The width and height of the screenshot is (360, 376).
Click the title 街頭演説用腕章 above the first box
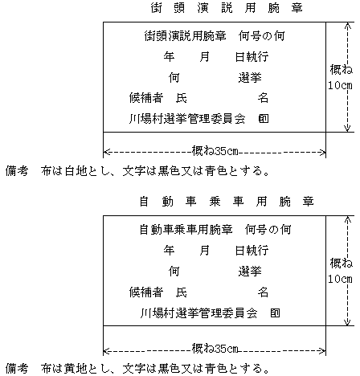[227, 8]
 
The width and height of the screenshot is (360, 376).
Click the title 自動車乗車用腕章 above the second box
[227, 202]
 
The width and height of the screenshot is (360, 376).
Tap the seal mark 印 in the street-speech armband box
[264, 118]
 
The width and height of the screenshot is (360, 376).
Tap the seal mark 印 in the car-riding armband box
[275, 313]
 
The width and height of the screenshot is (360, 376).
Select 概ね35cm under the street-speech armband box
[215, 151]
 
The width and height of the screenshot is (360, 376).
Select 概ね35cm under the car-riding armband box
[215, 349]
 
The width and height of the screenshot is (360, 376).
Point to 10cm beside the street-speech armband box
[341, 85]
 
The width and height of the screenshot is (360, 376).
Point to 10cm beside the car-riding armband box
[341, 279]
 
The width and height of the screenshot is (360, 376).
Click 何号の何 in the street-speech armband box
[261, 36]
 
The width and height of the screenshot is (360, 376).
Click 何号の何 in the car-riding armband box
[268, 230]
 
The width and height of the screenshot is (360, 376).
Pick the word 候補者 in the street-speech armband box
[146, 98]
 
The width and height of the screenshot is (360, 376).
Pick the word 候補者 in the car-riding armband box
[146, 292]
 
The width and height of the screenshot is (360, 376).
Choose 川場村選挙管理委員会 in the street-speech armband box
[187, 119]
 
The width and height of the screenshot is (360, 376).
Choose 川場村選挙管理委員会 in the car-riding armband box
[198, 313]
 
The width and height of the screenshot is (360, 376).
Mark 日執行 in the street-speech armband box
[252, 57]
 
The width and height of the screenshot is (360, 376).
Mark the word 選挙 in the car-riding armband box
[250, 272]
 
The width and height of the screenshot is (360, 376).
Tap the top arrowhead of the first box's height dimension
[347, 25]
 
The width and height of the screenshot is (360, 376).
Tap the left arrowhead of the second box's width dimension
[106, 350]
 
